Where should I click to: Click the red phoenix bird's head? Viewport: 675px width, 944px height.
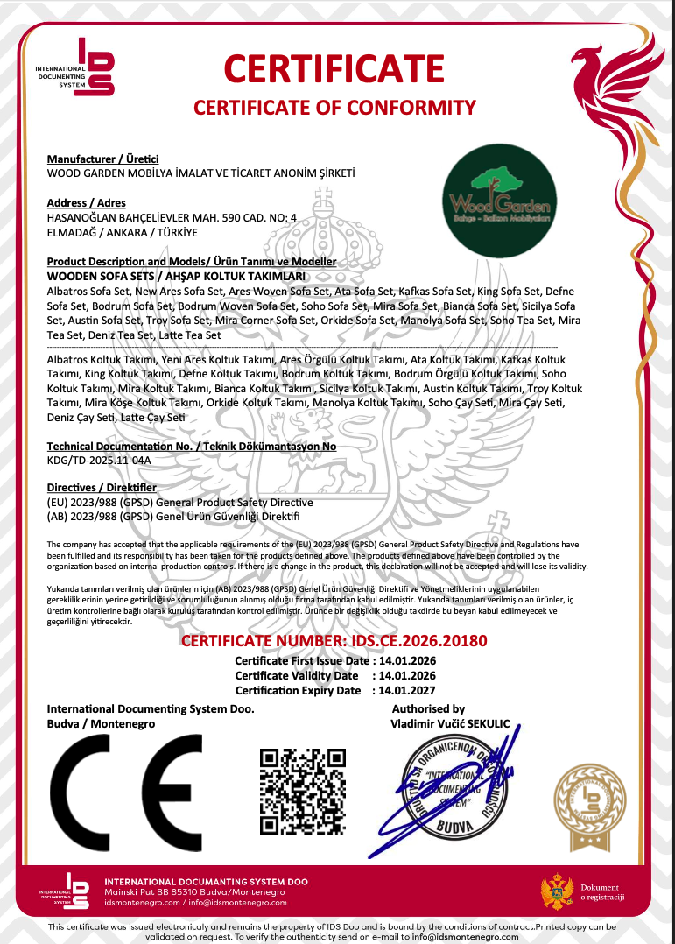click(x=589, y=60)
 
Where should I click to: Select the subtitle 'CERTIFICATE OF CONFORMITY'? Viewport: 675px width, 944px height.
click(x=334, y=108)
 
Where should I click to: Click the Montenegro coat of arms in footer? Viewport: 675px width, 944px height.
click(x=557, y=891)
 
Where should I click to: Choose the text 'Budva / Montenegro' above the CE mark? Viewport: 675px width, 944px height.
click(x=101, y=724)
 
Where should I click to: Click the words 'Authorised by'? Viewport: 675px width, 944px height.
click(x=428, y=708)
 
